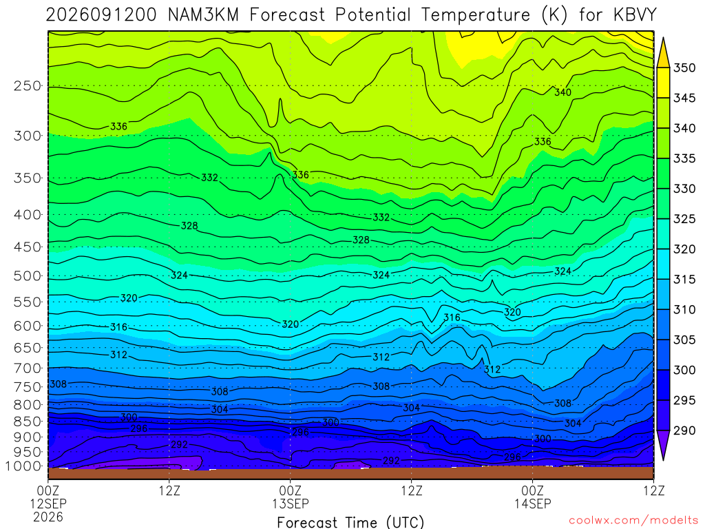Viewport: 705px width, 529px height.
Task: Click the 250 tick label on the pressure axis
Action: [x=28, y=85]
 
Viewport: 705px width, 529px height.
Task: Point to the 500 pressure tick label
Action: [x=28, y=276]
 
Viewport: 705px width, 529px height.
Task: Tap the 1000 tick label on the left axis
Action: [x=24, y=466]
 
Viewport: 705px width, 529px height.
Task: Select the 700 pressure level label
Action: [x=28, y=369]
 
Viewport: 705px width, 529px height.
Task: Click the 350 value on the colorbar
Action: [x=684, y=68]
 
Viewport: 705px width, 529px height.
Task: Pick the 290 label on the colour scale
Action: [x=684, y=431]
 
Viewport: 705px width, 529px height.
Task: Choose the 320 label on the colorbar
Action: [x=684, y=249]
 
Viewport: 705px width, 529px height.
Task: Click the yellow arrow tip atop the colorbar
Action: [x=663, y=39]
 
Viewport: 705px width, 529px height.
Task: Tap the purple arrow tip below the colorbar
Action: [x=663, y=459]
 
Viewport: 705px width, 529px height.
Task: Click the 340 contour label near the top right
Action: [x=562, y=92]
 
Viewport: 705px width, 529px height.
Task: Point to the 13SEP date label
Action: [x=291, y=504]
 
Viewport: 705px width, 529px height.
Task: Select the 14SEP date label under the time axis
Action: [x=533, y=504]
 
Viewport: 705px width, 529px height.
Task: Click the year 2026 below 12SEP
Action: [x=48, y=517]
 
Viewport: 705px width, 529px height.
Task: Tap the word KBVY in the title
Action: [x=635, y=15]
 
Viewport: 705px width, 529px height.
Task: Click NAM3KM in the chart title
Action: [x=203, y=15]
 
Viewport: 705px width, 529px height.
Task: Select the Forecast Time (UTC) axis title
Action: [x=350, y=522]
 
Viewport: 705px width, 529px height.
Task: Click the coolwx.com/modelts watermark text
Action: [x=633, y=521]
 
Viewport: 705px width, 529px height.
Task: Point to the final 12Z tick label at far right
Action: [x=653, y=490]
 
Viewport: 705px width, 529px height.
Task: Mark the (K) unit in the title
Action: [x=554, y=15]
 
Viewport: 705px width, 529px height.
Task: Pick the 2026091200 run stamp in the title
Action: [x=101, y=15]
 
